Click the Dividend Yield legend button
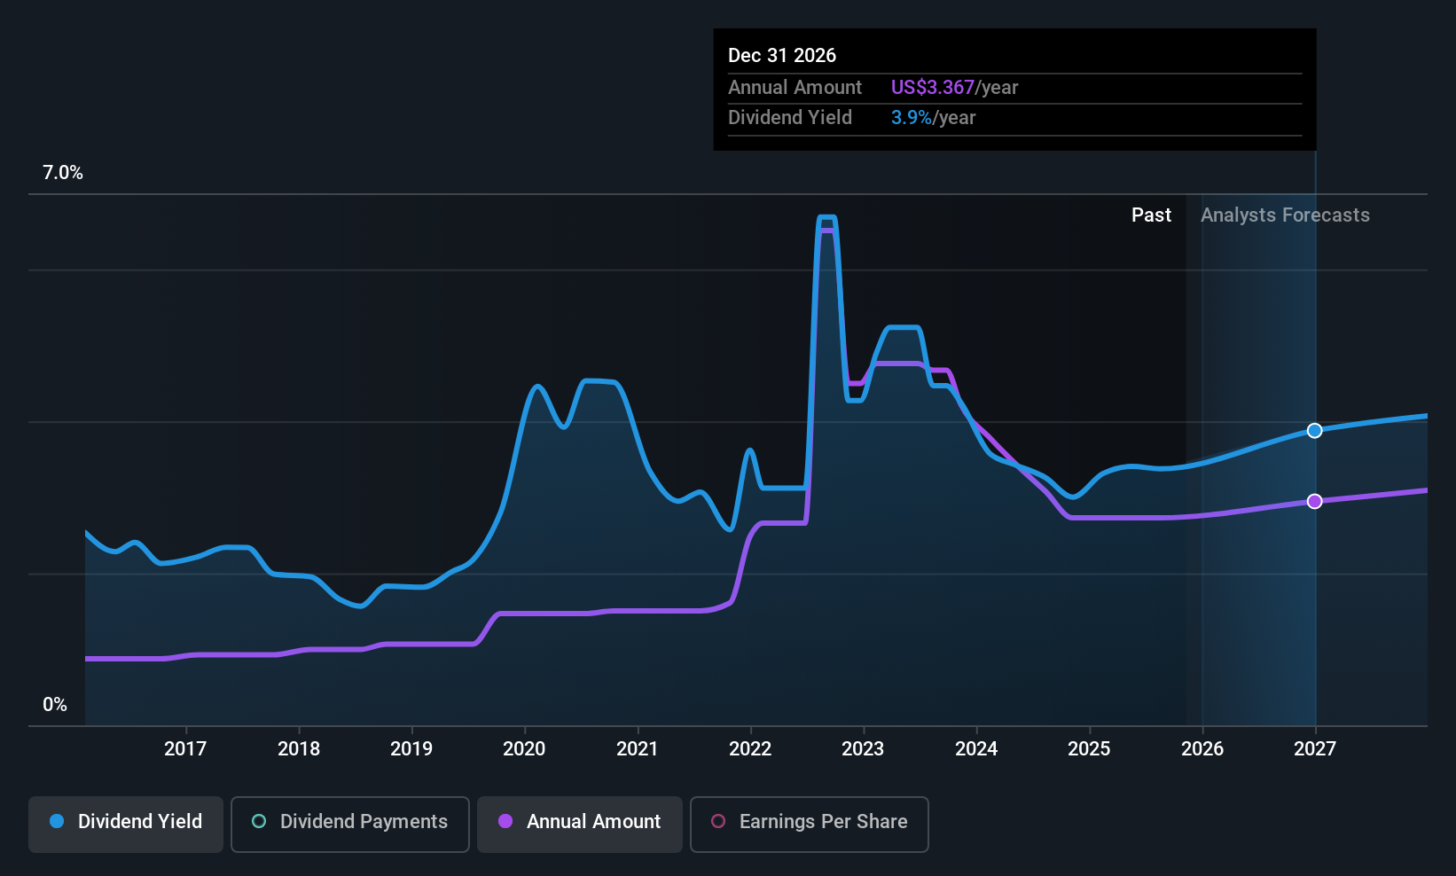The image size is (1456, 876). click(x=126, y=823)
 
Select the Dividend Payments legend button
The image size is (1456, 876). click(x=349, y=823)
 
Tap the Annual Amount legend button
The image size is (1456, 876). click(x=580, y=823)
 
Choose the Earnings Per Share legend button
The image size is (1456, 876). click(x=809, y=823)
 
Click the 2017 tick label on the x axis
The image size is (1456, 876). click(x=185, y=749)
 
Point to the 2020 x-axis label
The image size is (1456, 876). click(x=524, y=749)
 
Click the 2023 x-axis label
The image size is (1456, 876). click(x=863, y=749)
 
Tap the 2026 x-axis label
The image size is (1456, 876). click(x=1202, y=749)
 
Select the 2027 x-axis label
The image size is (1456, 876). click(x=1315, y=749)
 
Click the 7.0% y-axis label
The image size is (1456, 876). click(x=63, y=173)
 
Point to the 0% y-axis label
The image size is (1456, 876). click(x=55, y=705)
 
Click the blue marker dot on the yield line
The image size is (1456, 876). click(x=1315, y=431)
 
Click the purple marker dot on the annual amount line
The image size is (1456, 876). click(x=1315, y=502)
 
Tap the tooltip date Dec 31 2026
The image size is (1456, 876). click(x=782, y=56)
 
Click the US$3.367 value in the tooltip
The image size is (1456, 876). click(x=932, y=88)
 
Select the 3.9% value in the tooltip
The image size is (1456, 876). click(x=911, y=118)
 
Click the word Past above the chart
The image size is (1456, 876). click(x=1151, y=215)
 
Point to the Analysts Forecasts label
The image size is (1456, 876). click(x=1285, y=215)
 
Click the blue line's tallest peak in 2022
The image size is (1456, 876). click(x=826, y=217)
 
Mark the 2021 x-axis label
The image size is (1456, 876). click(x=638, y=749)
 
